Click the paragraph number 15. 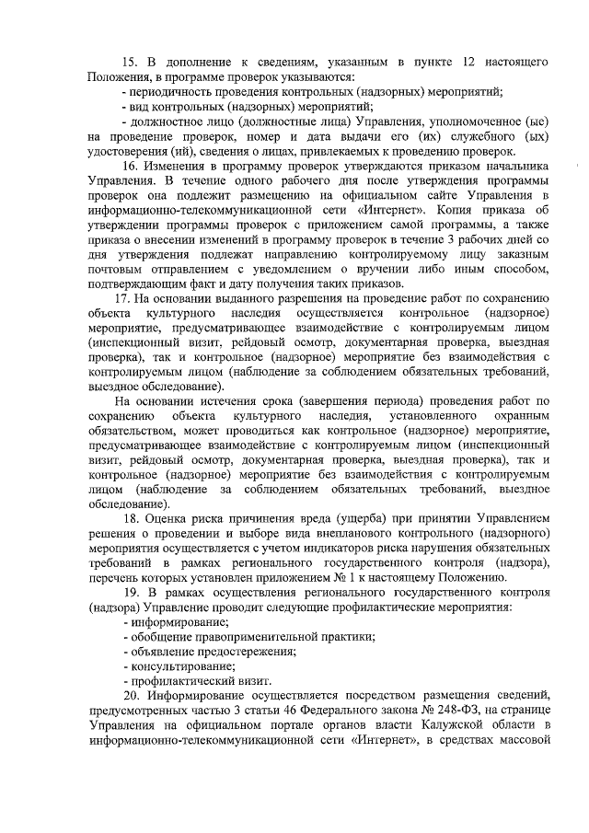130,61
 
